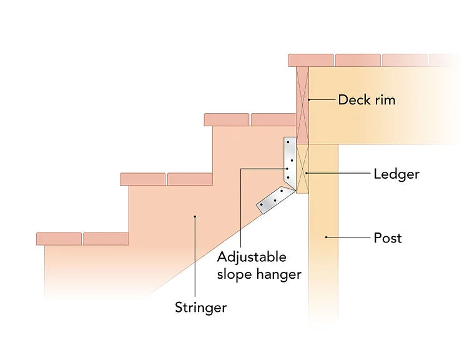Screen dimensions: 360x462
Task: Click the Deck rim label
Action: [366, 99]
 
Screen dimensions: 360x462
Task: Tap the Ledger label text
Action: [396, 174]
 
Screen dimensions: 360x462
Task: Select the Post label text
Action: [387, 237]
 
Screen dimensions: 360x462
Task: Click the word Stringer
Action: [200, 307]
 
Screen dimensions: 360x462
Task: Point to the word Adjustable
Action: [252, 257]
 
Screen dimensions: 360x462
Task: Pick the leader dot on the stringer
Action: [195, 217]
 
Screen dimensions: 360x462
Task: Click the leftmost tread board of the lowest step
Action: [59, 238]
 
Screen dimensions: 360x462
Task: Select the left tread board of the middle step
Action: [143, 179]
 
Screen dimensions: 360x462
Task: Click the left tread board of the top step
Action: [227, 119]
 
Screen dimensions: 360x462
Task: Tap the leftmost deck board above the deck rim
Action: [310, 60]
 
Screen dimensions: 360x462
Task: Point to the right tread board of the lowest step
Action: [106, 238]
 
